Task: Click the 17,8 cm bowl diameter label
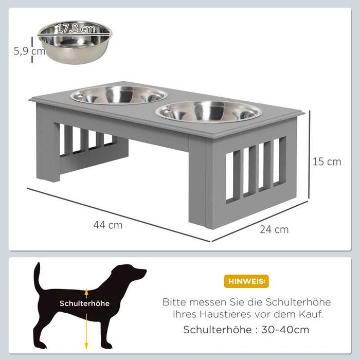(x=76, y=28)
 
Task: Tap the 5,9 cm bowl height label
(x=30, y=51)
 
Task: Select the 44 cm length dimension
(x=108, y=225)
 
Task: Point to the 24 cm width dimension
(x=274, y=229)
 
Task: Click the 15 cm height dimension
(x=327, y=162)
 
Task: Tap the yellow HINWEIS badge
(x=246, y=281)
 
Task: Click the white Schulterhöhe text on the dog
(x=84, y=303)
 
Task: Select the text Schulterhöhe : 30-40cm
(x=246, y=330)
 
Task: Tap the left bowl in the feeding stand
(x=119, y=95)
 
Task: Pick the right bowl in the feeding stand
(x=208, y=112)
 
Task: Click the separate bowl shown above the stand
(x=75, y=42)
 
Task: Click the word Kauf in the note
(x=315, y=314)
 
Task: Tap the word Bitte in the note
(x=174, y=302)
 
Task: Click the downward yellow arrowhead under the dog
(x=86, y=346)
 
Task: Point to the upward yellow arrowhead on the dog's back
(x=86, y=292)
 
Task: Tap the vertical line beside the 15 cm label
(x=310, y=154)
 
